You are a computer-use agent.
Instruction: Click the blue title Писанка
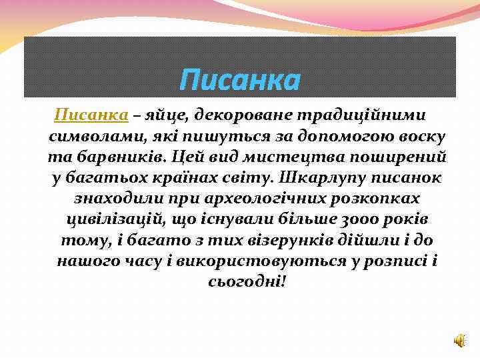tap(240, 81)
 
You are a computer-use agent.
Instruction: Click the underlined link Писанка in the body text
tap(91, 115)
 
